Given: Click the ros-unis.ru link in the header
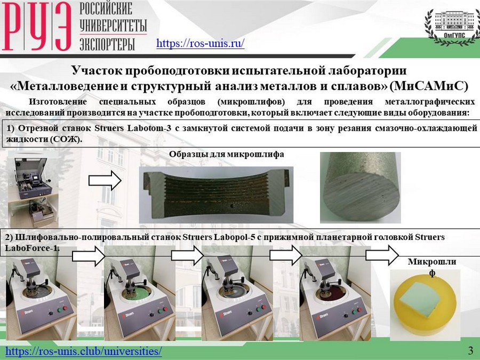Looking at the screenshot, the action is pyautogui.click(x=200, y=43).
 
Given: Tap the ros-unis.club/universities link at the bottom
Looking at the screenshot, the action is pyautogui.click(x=84, y=351).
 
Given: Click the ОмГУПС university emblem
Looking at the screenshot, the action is pyautogui.click(x=453, y=28).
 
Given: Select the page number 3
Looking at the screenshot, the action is pyautogui.click(x=470, y=350).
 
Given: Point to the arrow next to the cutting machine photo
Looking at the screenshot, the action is pyautogui.click(x=105, y=181).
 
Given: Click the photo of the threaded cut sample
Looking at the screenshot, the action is pyautogui.click(x=216, y=195).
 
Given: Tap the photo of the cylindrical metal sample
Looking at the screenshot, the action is pyautogui.click(x=361, y=187).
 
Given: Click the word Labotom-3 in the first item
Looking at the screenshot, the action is pyautogui.click(x=149, y=128).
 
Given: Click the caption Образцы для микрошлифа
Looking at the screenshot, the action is pyautogui.click(x=227, y=154).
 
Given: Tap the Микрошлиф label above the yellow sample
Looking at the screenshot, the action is pyautogui.click(x=432, y=267).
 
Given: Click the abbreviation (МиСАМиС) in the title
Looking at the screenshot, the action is pyautogui.click(x=429, y=86).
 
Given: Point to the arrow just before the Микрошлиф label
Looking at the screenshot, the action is pyautogui.click(x=382, y=255).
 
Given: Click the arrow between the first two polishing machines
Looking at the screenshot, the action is pyautogui.click(x=89, y=255).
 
